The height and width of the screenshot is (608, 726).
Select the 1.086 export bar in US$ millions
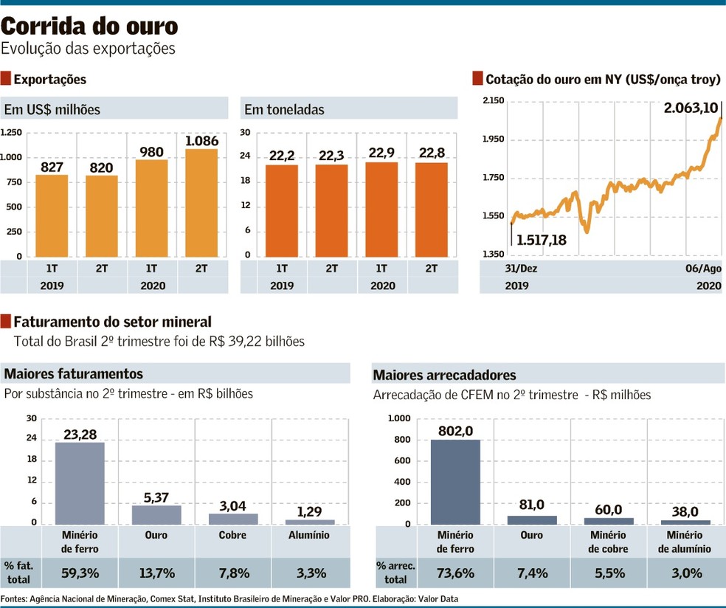(x=201, y=203)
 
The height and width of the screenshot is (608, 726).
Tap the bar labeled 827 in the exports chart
(x=52, y=215)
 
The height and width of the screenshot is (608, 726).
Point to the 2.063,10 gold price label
(x=690, y=108)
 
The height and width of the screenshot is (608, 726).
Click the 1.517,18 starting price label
(x=541, y=240)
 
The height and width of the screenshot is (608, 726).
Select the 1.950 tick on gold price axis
(x=493, y=139)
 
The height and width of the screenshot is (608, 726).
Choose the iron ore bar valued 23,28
(x=80, y=483)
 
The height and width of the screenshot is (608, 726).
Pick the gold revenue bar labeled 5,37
(x=156, y=514)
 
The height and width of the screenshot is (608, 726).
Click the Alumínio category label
(x=310, y=535)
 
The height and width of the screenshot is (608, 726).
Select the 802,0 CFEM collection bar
(x=455, y=482)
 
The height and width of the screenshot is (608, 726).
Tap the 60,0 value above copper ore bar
(x=608, y=510)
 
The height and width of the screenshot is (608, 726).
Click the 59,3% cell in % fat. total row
(x=80, y=573)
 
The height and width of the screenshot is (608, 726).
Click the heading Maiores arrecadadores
(x=444, y=375)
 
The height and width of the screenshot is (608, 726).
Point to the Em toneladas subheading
(x=283, y=110)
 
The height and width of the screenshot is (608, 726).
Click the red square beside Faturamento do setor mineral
(x=7, y=321)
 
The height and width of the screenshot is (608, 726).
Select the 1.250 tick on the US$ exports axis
(x=11, y=133)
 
